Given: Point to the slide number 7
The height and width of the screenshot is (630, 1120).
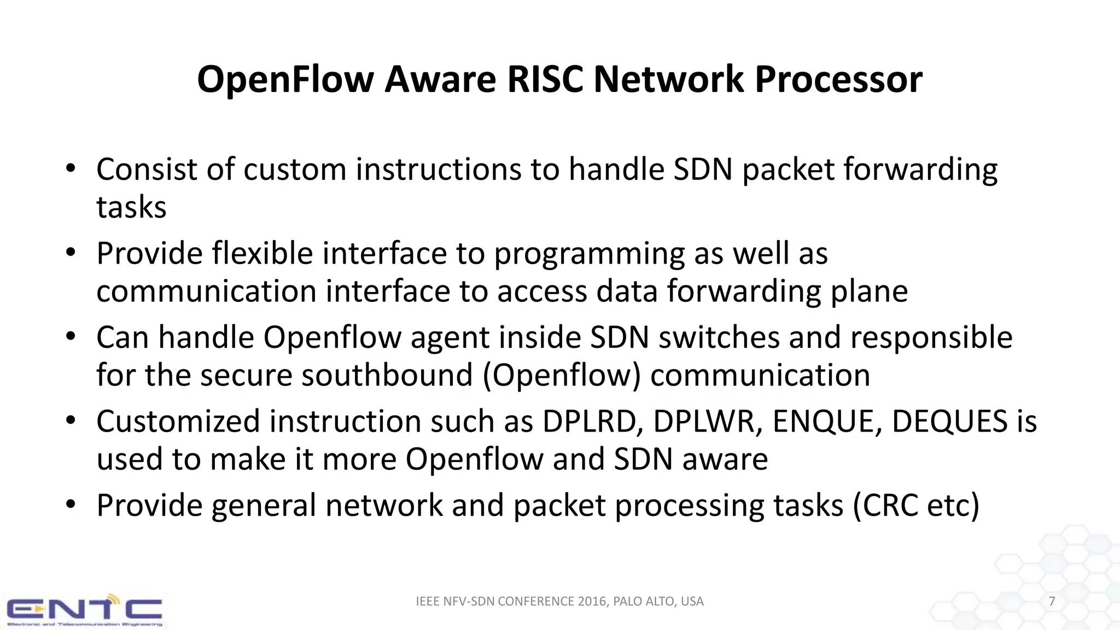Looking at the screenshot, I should pyautogui.click(x=1052, y=602).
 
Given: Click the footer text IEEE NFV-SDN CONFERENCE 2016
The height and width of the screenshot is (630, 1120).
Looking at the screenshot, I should pyautogui.click(x=511, y=602).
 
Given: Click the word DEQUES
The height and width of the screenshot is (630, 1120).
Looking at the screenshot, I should pyautogui.click(x=949, y=422).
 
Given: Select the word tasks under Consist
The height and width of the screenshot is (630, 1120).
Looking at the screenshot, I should pyautogui.click(x=131, y=208).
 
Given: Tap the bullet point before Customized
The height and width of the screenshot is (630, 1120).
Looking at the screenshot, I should pyautogui.click(x=70, y=421).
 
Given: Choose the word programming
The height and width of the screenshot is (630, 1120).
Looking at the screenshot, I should pyautogui.click(x=589, y=254).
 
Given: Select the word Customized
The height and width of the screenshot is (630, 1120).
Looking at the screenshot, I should pyautogui.click(x=178, y=422).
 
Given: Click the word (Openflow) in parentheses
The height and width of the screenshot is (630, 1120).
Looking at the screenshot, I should pyautogui.click(x=561, y=376).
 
